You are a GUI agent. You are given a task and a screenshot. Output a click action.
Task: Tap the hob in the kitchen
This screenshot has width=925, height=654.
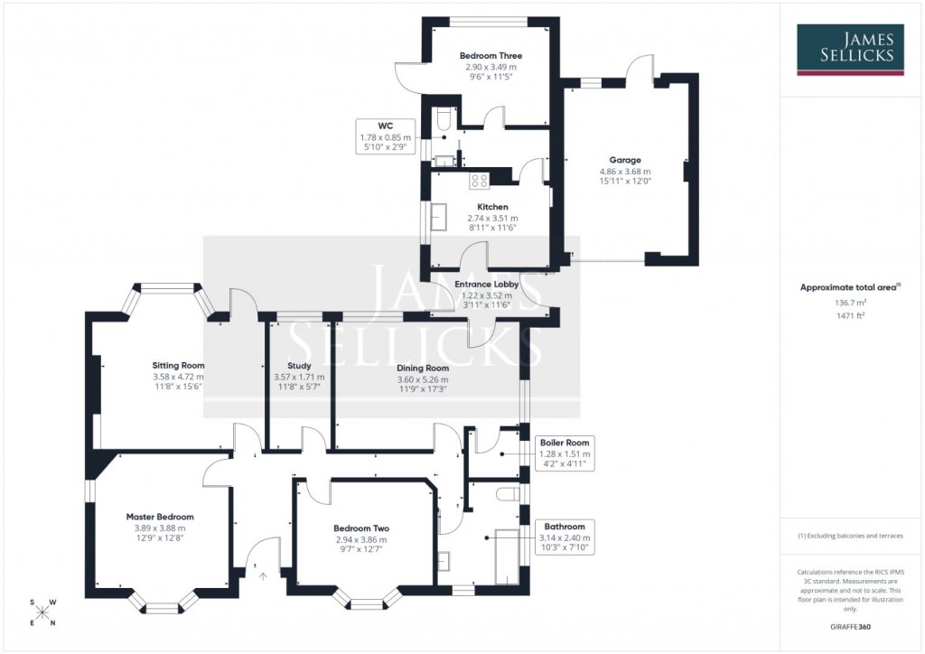pos(478,181)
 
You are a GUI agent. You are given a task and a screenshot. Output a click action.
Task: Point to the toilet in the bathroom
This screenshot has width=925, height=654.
pos(507,494)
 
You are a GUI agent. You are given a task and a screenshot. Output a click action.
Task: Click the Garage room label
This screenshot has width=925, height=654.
pos(624,160)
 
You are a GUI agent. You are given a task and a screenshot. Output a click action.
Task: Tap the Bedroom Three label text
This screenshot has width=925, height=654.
pos(491,56)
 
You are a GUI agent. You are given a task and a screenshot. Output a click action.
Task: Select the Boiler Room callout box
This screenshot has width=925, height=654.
pos(565,453)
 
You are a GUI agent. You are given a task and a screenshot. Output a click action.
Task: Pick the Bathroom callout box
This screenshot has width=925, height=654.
pos(565,537)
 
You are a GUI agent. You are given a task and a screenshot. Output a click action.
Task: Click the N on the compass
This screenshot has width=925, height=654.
pos(52,623)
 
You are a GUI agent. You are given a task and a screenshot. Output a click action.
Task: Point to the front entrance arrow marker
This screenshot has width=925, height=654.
pos(263,573)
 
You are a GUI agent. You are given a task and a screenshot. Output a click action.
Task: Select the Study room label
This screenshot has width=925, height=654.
pos(299,366)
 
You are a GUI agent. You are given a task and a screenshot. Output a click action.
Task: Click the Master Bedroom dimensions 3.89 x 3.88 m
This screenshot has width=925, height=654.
pos(160,528)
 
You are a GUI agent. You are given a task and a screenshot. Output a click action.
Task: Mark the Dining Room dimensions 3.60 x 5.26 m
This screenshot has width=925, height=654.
pos(423,379)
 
